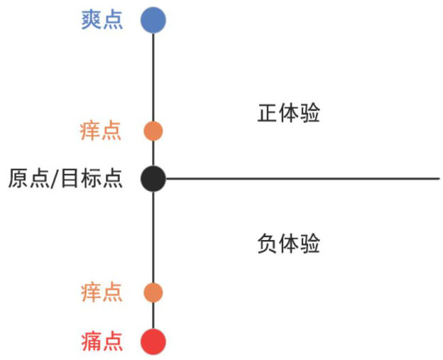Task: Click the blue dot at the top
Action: pos(153,20)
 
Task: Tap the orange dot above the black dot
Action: pos(153,131)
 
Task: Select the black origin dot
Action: pos(153,178)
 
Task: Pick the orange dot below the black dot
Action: pos(153,293)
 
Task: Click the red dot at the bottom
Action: pos(153,342)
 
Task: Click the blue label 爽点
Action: pos(102,20)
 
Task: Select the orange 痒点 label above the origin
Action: pos(101,131)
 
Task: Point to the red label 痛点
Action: pos(102,342)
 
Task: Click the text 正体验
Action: pos(288,114)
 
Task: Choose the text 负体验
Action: pos(288,244)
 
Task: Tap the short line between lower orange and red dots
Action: pos(153,316)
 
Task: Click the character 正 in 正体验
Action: pos(268,114)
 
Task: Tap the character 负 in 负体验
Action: pos(267,244)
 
